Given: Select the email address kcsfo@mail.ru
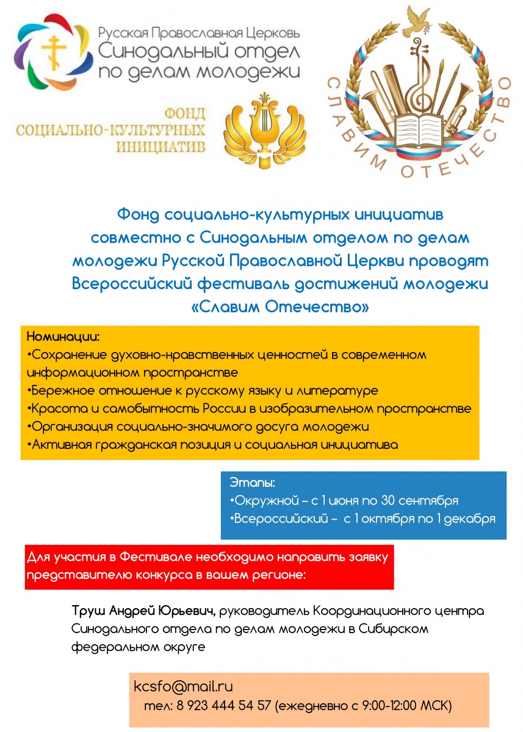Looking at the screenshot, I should pyautogui.click(x=183, y=686).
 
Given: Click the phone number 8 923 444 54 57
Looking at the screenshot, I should pyautogui.click(x=223, y=706).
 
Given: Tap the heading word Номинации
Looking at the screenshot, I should pyautogui.click(x=63, y=336).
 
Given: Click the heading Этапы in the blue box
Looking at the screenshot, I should pyautogui.click(x=253, y=483).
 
